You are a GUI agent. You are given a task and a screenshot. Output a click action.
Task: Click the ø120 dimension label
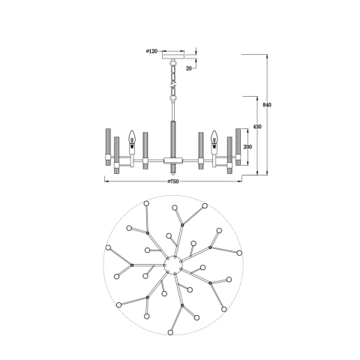point(151,51)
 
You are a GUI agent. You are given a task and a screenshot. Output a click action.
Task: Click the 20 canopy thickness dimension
point(189,68)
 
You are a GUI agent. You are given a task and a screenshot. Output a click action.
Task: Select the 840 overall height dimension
point(267,105)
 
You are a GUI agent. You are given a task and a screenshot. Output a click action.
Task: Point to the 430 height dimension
point(257,127)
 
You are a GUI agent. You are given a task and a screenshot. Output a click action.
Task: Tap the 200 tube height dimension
point(247,147)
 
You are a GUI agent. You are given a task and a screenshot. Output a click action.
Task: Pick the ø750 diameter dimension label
point(173,181)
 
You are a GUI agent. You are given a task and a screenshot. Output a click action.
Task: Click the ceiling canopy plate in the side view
point(173,55)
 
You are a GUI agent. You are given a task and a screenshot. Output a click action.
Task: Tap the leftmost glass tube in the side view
point(108,147)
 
